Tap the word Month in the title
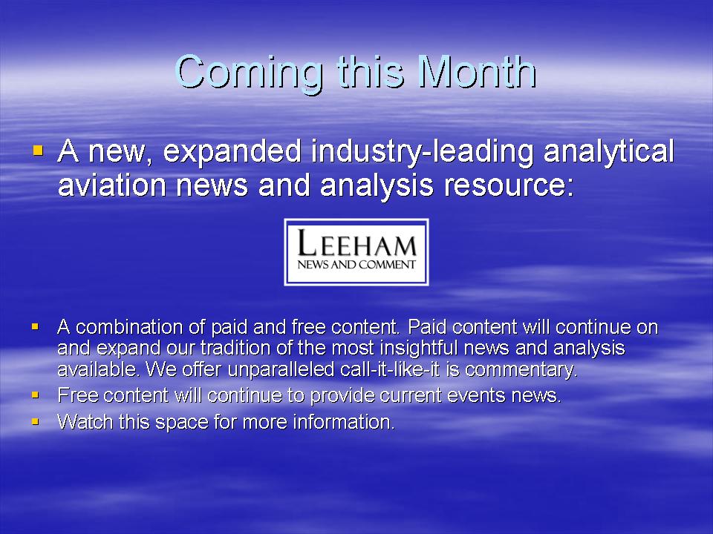tap(477, 72)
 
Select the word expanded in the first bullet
tap(232, 151)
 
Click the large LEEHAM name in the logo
tap(356, 243)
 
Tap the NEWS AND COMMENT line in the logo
tap(356, 265)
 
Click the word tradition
tap(238, 348)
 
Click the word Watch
tap(85, 422)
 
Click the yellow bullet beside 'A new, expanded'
tap(38, 150)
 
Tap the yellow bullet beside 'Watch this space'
tap(35, 422)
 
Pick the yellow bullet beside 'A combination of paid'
tap(35, 326)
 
